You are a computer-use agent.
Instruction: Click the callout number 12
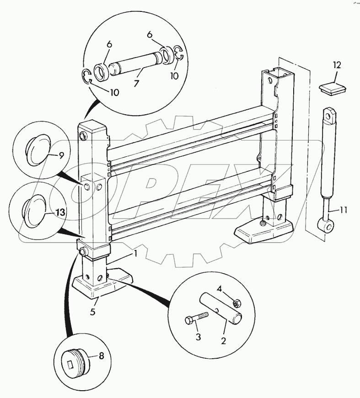[x=337, y=65]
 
